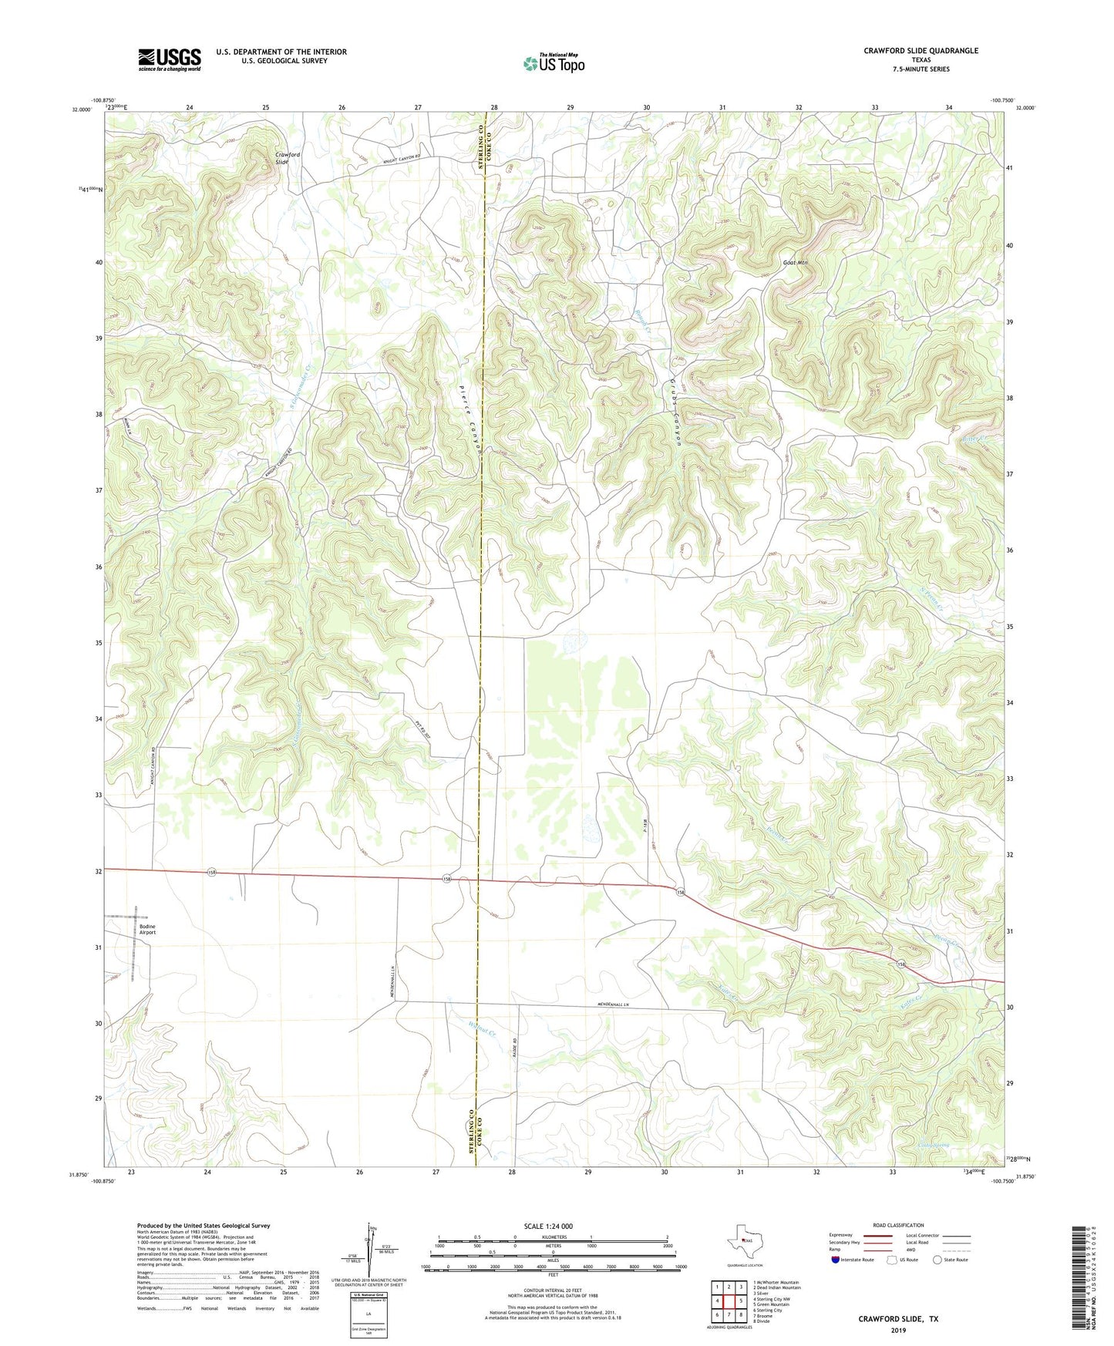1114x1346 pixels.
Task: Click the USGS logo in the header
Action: point(170,59)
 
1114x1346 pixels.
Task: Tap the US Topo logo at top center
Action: point(554,63)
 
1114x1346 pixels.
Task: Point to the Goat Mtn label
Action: point(795,263)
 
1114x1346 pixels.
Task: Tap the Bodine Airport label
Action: point(147,929)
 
